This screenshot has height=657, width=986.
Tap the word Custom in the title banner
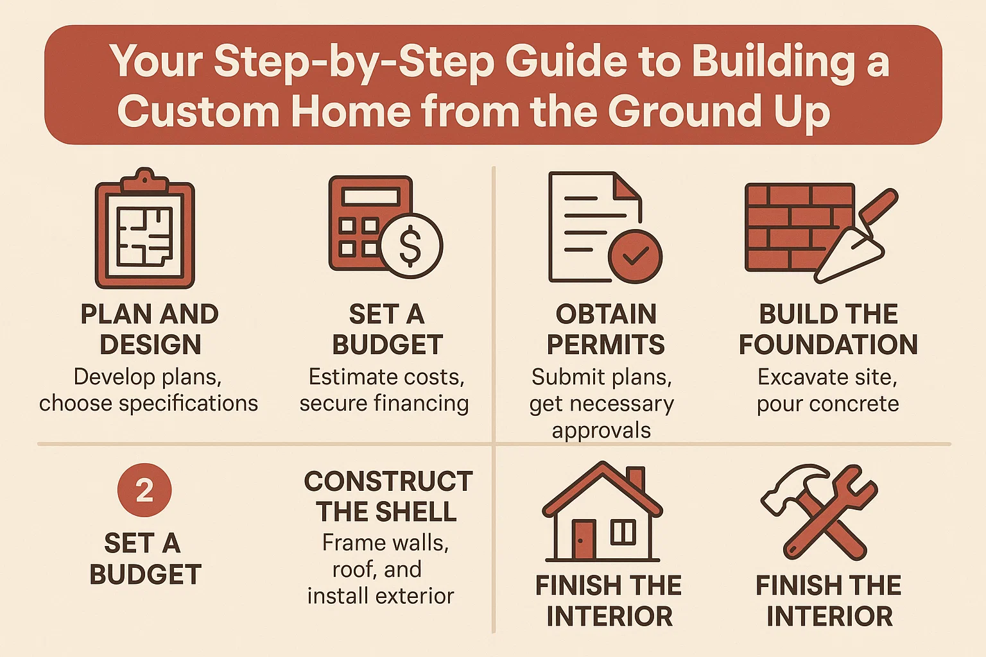pyautogui.click(x=198, y=112)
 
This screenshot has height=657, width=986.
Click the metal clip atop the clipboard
pyautogui.click(x=145, y=179)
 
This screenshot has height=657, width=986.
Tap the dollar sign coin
pyautogui.click(x=411, y=246)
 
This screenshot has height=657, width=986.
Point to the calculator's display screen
pyautogui.click(x=370, y=196)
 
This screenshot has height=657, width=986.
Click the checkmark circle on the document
pyautogui.click(x=635, y=256)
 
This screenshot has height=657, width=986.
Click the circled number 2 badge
pyautogui.click(x=144, y=490)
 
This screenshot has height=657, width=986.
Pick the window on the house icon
pyautogui.click(x=623, y=532)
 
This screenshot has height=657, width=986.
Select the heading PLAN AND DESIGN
pyautogui.click(x=150, y=329)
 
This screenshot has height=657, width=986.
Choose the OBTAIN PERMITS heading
pyautogui.click(x=606, y=329)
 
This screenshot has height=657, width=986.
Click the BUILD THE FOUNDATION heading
pyautogui.click(x=828, y=329)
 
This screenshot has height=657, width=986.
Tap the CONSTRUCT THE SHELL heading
pyautogui.click(x=388, y=497)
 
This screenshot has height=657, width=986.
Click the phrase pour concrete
pyautogui.click(x=827, y=404)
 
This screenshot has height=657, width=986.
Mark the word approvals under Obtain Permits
pyautogui.click(x=601, y=431)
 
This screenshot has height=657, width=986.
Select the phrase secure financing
pyautogui.click(x=384, y=404)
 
